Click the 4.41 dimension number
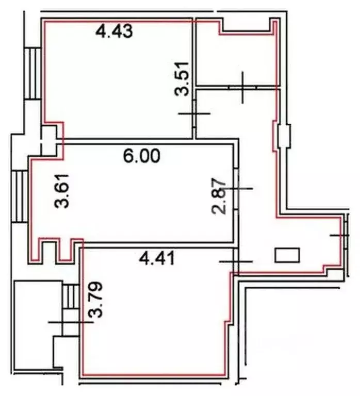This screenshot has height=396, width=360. [x=158, y=257]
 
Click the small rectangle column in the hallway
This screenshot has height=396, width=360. [x=287, y=255]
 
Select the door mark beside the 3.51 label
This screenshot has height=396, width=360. [x=194, y=113]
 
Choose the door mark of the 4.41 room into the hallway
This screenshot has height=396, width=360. [x=236, y=261]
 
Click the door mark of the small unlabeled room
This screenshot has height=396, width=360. [x=242, y=88]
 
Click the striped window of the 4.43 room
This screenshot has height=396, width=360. [x=34, y=73]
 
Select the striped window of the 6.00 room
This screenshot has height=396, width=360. [x=21, y=196]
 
